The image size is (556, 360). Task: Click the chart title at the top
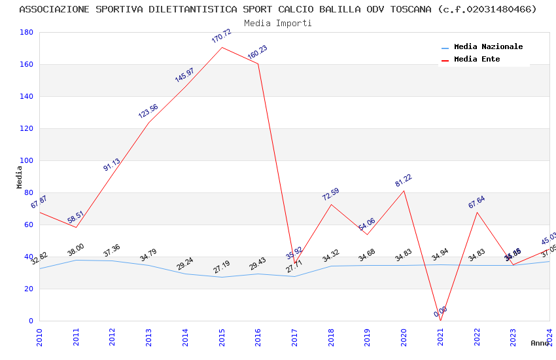(278, 9)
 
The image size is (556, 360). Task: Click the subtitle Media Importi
(278, 23)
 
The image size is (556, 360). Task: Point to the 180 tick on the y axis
(27, 32)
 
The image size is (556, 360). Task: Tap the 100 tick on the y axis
(27, 160)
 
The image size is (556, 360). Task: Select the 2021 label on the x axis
(440, 336)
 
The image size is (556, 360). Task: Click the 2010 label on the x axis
(39, 336)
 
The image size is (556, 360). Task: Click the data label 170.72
(221, 36)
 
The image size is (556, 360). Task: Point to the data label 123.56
(148, 111)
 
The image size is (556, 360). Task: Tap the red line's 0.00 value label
(440, 312)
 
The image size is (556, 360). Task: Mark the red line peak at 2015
(222, 47)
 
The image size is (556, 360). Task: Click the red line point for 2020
(404, 190)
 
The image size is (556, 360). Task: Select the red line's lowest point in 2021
(440, 321)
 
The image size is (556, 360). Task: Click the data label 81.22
(403, 180)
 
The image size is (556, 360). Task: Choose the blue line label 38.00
(75, 249)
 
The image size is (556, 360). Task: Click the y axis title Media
(20, 177)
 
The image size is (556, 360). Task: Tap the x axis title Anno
(540, 343)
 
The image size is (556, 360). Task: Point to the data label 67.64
(476, 202)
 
